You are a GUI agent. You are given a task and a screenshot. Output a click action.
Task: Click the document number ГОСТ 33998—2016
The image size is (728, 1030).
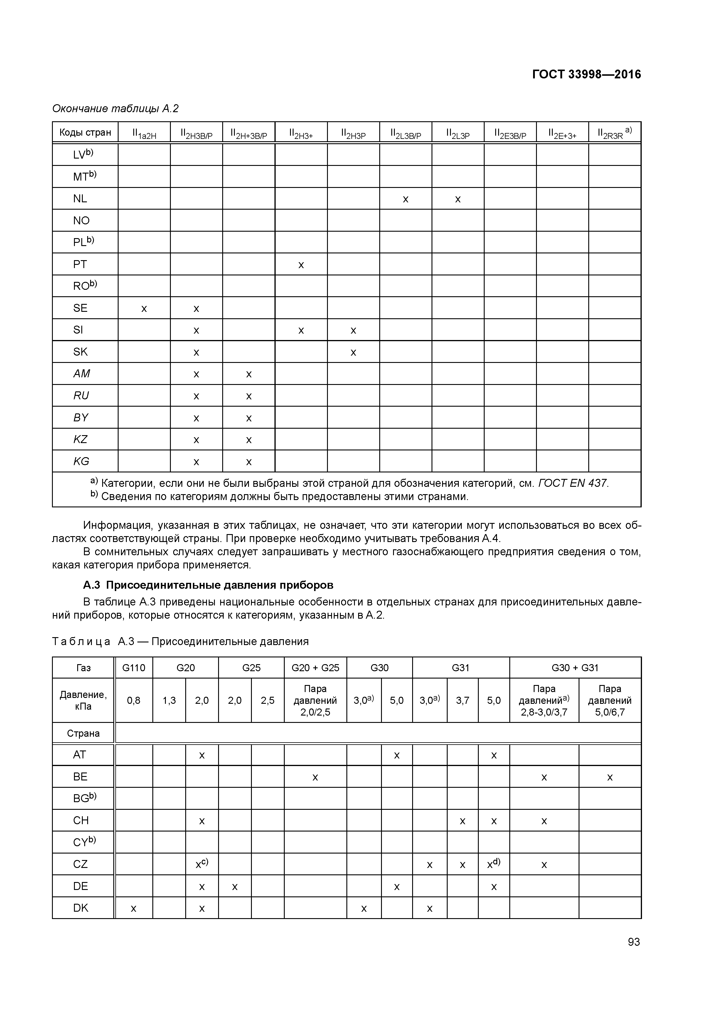click(x=586, y=75)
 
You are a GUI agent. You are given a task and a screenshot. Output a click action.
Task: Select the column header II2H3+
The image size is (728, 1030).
click(x=301, y=133)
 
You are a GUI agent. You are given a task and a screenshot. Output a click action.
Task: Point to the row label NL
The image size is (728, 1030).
click(x=80, y=199)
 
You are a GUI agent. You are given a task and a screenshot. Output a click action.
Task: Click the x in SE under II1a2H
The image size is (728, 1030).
click(x=144, y=309)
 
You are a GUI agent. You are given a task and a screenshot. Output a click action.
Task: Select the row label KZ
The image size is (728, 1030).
click(x=80, y=440)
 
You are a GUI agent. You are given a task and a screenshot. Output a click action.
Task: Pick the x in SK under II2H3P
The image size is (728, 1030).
click(x=353, y=353)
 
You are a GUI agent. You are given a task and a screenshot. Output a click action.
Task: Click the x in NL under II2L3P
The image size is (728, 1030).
click(x=458, y=199)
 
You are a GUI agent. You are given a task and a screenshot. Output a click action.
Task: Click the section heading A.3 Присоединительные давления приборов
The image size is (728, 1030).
click(x=208, y=585)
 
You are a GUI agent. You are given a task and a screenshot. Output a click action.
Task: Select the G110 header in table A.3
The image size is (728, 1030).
click(x=134, y=668)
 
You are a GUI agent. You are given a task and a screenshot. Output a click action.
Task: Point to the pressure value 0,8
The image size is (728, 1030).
click(x=134, y=701)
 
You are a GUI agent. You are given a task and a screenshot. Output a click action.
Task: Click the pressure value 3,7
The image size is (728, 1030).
click(x=462, y=701)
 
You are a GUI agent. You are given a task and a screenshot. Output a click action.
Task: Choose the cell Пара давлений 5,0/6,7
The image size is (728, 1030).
click(x=610, y=701)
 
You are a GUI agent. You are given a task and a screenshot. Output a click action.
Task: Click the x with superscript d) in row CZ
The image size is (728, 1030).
click(x=493, y=864)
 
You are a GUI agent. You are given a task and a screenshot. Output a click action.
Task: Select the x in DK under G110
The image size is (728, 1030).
click(x=134, y=909)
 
